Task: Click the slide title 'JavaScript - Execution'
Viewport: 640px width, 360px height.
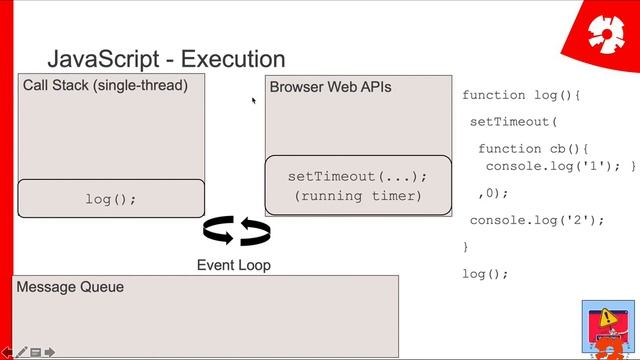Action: coord(166,60)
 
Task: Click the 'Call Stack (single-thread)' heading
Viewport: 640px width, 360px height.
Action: coord(105,86)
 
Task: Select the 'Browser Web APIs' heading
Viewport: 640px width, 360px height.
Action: coord(330,87)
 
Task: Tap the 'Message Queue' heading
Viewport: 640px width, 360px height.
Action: coord(70,287)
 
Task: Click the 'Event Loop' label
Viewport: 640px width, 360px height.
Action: coord(233,265)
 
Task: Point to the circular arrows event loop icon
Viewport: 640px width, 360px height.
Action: coord(236,232)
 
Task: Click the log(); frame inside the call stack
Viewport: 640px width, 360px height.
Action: coord(110,199)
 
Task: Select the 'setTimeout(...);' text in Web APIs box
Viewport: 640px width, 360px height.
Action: coord(357,176)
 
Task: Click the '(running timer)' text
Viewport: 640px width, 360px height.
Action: coord(358,196)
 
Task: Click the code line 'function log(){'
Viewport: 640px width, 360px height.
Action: coord(521,95)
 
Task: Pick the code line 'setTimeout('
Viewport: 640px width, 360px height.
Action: coord(511,122)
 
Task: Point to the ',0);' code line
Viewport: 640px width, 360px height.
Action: coord(494,193)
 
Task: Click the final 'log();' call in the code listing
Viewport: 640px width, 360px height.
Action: coord(485,273)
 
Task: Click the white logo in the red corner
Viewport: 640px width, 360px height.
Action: coord(605,35)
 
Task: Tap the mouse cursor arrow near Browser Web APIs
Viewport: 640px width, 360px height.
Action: coord(254,100)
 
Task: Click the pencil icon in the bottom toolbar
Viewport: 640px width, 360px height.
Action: coord(21,352)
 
